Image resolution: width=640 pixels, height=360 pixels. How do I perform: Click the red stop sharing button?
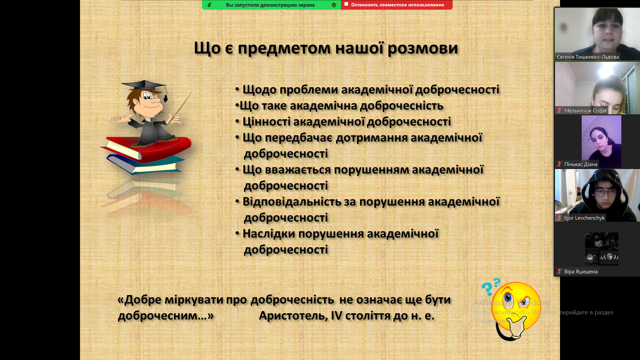[397, 5]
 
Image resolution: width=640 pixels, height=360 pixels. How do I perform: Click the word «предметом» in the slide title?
[284, 48]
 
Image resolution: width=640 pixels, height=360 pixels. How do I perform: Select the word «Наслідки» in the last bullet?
[269, 234]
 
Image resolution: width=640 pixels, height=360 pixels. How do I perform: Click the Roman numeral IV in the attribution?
[336, 315]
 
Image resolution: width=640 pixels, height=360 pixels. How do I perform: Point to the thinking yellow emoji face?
[516, 307]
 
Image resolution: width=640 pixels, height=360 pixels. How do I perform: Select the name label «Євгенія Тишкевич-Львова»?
[588, 57]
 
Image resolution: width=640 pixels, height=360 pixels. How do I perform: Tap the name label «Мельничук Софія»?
[585, 111]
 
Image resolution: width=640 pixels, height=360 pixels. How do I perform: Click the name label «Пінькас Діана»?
[581, 164]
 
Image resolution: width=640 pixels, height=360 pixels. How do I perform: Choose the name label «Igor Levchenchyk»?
[584, 218]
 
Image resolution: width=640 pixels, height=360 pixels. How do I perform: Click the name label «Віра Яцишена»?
[581, 272]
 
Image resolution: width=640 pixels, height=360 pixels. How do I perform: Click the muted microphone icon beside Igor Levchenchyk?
[559, 218]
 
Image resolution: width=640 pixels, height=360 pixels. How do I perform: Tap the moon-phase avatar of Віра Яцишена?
[602, 249]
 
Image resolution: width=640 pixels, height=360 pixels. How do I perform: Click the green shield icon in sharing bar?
[334, 5]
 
